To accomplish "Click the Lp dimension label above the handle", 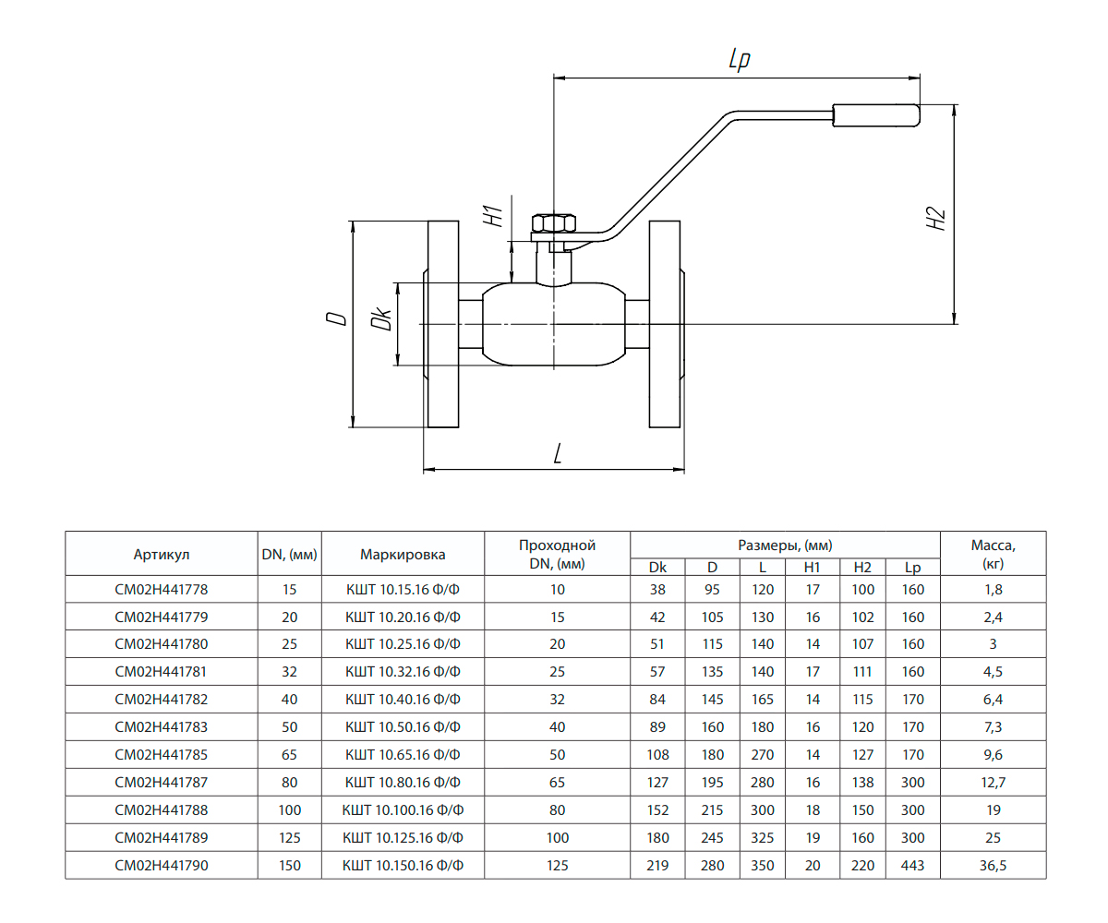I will pos(739,60).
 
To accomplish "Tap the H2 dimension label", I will pos(937,219).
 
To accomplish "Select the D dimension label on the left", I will pos(337,318).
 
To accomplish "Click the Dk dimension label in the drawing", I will pos(381,319).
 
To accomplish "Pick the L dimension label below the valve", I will pos(558,454).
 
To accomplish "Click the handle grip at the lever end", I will pos(876,114).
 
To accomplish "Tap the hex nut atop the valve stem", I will pos(554,223).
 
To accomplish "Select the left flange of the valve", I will pos(443,325).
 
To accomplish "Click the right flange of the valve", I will pos(665,325).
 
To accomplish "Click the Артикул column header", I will pos(162,555).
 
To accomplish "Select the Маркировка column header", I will pos(403,555).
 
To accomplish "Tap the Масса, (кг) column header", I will pos(993,554).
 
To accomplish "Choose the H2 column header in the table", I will pos(862,568).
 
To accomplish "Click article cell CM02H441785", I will pos(162,755).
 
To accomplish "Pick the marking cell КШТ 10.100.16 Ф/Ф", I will pos(403,810).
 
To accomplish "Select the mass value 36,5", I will pos(993,866).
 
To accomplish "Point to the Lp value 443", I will pos(912,866).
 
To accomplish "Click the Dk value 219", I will pos(657,866).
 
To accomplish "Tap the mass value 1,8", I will pos(993,589).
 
